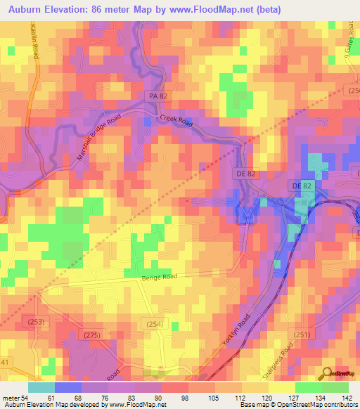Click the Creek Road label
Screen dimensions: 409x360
pos(175,120)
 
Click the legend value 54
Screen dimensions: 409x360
pos(26,397)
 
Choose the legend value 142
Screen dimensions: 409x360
pos(346,397)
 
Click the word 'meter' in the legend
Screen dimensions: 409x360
pos(10,397)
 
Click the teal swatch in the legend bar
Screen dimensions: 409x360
pos(41,387)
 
